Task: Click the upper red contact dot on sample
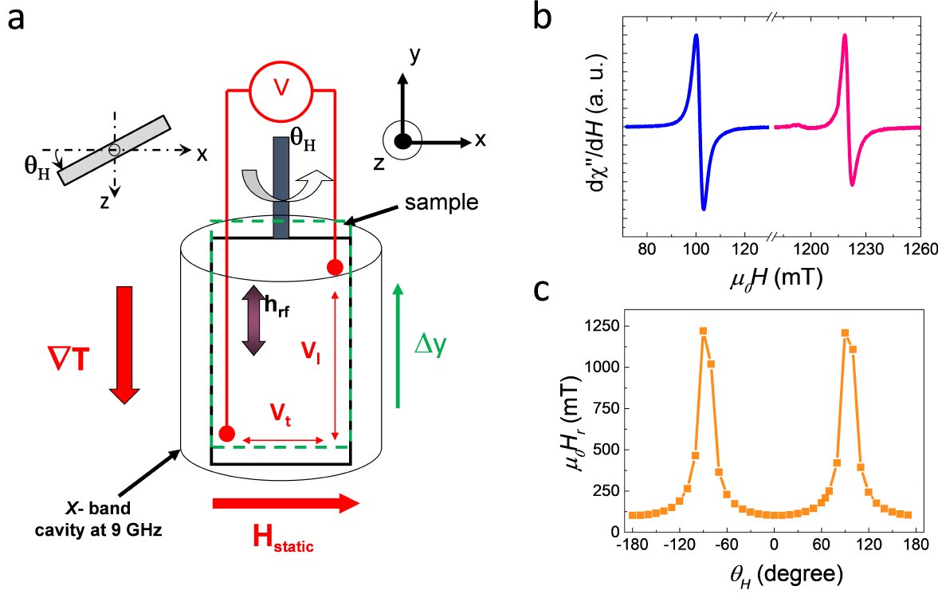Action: (x=335, y=267)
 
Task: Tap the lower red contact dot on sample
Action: (x=227, y=434)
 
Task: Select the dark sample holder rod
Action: (x=281, y=187)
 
